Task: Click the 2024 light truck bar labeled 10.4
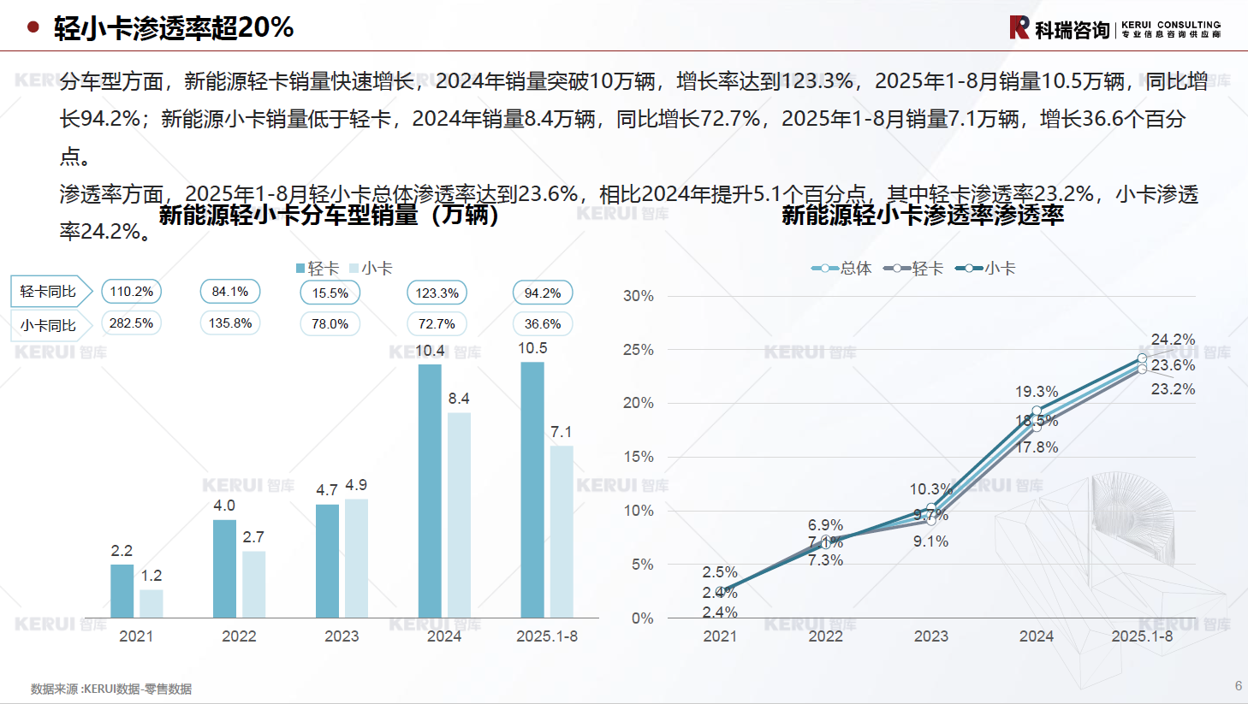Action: pos(430,491)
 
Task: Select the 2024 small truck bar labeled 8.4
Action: pos(459,515)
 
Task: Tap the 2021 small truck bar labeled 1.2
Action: pos(152,603)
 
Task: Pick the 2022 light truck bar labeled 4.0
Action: pos(224,569)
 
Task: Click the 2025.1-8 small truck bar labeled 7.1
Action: pos(562,531)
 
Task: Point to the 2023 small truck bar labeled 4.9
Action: pos(356,558)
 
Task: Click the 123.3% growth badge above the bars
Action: pos(437,293)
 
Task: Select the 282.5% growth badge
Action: pos(131,323)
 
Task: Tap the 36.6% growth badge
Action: pos(543,324)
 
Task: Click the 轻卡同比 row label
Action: pos(49,292)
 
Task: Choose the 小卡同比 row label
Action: pos(49,326)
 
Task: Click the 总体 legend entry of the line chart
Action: pos(842,269)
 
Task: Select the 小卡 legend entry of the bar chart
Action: pos(371,269)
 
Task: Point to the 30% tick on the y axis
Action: pos(639,296)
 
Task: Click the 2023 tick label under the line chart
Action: pos(930,636)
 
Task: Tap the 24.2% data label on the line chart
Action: pos(1173,340)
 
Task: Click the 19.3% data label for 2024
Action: pos(1037,392)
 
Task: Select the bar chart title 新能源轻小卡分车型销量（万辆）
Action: pos(330,215)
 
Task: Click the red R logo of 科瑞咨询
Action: pos(1019,27)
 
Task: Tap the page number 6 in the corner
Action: pos(1238,686)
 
